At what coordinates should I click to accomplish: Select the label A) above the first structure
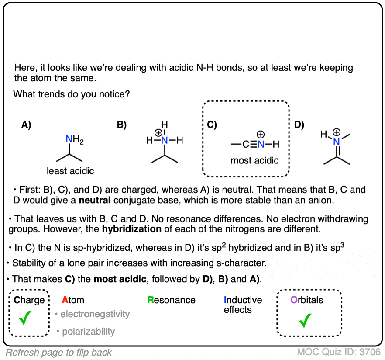point(26,125)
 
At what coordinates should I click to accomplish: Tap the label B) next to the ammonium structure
point(121,125)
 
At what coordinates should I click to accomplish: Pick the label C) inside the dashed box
point(212,125)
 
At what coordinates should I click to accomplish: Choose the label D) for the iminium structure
point(299,125)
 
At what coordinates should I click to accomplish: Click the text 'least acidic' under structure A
point(71,171)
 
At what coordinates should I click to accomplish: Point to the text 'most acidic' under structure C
point(254,160)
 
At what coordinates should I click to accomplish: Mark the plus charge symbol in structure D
point(337,132)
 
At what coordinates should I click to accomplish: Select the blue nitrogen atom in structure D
point(336,142)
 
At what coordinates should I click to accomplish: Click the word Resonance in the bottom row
point(171,300)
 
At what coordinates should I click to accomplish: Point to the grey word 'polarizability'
point(88,332)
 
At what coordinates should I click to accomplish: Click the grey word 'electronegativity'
point(95,314)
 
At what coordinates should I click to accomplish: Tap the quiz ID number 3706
point(371,352)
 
